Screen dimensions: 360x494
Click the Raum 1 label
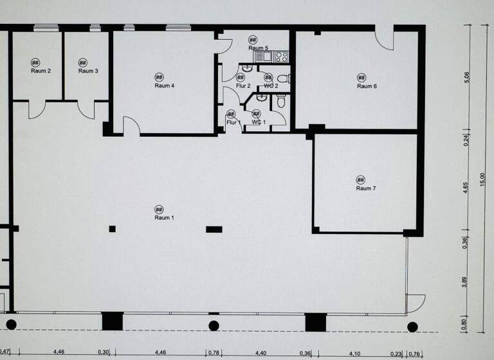point(164,218)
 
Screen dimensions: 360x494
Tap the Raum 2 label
point(41,71)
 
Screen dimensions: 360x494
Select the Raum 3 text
point(88,71)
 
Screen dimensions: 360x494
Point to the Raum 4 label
point(165,85)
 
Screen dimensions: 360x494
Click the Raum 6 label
point(367,86)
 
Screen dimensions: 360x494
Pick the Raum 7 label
point(366,188)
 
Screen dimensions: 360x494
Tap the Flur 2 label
point(242,85)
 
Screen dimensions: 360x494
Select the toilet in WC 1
point(281,102)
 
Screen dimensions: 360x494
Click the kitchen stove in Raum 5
point(281,57)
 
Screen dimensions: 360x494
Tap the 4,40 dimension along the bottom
point(261,352)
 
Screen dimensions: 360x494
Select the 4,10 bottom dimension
point(354,352)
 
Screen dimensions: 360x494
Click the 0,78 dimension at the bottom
point(214,352)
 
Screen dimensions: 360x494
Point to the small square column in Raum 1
point(112,228)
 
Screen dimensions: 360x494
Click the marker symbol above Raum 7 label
point(361,179)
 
